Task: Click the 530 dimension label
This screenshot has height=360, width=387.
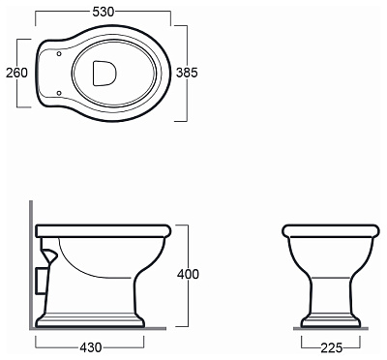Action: pyautogui.click(x=104, y=12)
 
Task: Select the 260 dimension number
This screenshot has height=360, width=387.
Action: pyautogui.click(x=16, y=73)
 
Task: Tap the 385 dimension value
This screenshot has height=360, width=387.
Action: pyautogui.click(x=187, y=73)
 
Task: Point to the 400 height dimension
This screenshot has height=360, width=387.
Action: pyautogui.click(x=188, y=274)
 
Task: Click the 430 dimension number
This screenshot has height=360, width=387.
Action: pyautogui.click(x=90, y=347)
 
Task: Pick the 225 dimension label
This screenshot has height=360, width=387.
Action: pyautogui.click(x=332, y=347)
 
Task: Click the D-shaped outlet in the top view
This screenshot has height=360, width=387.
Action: pyautogui.click(x=104, y=74)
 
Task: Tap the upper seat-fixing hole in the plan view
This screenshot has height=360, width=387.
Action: pyautogui.click(x=59, y=53)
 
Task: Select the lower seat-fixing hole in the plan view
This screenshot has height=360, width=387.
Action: pyautogui.click(x=59, y=93)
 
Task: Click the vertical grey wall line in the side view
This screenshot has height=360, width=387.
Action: pyautogui.click(x=31, y=264)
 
